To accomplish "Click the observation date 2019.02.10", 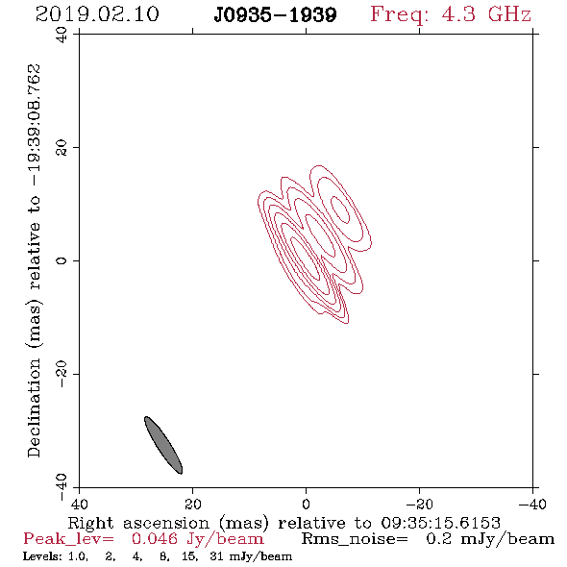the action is [x=97, y=14].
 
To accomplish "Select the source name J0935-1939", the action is [x=275, y=15].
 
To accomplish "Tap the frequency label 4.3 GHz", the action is [x=486, y=14].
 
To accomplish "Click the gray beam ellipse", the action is [x=163, y=445].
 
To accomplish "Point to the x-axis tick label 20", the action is [x=193, y=505].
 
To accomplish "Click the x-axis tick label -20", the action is [x=419, y=505].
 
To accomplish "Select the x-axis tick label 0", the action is [x=306, y=505].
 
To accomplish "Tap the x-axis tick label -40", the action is [x=532, y=505].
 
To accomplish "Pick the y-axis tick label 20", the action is [x=62, y=148].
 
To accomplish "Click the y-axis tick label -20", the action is [x=62, y=374].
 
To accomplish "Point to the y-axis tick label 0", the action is [x=62, y=260].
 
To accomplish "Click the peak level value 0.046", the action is [x=155, y=539].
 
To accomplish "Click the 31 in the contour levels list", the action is [x=216, y=556].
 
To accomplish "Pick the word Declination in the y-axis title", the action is [x=34, y=408].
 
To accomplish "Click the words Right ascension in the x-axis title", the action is [x=138, y=523].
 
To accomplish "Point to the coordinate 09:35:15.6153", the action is [x=441, y=523].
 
